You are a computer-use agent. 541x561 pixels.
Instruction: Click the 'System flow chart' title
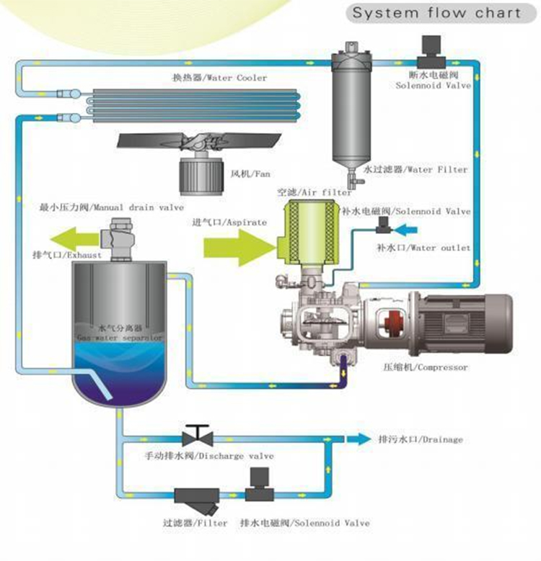(436, 14)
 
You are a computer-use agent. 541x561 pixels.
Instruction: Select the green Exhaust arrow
(72, 238)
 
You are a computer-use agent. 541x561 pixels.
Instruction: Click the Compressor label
(426, 367)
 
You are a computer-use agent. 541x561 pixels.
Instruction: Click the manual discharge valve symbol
(195, 436)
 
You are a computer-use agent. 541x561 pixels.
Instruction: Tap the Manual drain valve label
(112, 207)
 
